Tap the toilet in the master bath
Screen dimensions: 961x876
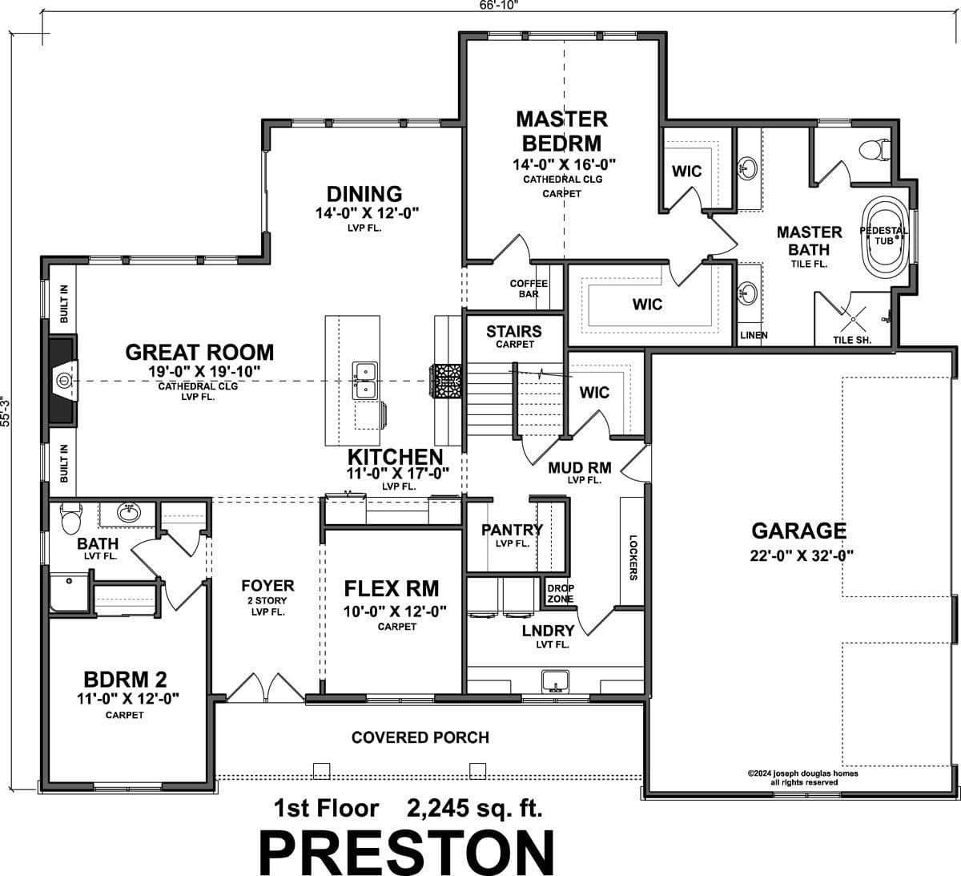[875, 149]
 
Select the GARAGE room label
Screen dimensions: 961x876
[798, 531]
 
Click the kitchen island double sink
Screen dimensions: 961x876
[365, 380]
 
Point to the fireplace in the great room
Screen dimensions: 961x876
[62, 380]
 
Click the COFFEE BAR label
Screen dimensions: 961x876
[529, 289]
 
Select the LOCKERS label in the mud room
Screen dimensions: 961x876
[633, 558]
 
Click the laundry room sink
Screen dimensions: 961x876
[555, 682]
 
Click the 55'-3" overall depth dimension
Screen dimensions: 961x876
[6, 411]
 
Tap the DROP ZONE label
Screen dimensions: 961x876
[561, 594]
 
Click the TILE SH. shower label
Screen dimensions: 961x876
[852, 340]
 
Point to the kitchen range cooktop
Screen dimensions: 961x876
[445, 381]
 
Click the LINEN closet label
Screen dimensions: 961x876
[754, 335]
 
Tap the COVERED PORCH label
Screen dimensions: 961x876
[420, 737]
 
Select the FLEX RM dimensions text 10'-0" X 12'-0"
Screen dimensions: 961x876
[396, 612]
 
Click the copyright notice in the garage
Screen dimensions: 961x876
[803, 777]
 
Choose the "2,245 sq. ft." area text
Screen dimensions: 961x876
[474, 809]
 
